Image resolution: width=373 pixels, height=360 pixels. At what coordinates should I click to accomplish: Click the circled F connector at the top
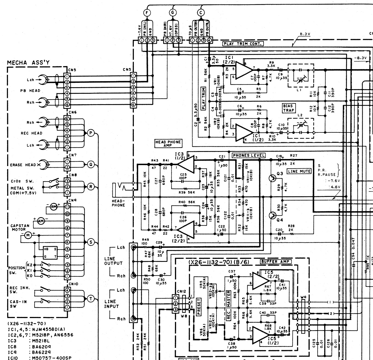(x=148, y=12)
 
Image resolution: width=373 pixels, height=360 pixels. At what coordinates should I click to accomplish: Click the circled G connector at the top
(x=173, y=12)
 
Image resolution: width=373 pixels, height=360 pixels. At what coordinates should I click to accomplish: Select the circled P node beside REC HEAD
(x=91, y=133)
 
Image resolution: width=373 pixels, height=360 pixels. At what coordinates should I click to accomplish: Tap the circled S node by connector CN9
(x=91, y=242)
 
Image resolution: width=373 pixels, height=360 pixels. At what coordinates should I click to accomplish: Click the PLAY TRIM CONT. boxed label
(x=243, y=43)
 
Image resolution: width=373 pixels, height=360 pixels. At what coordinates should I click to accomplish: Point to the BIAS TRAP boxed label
(x=288, y=108)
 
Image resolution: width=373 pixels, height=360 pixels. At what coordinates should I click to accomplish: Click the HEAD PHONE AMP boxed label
(x=168, y=143)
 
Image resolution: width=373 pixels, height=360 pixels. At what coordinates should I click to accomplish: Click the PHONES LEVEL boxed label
(x=249, y=155)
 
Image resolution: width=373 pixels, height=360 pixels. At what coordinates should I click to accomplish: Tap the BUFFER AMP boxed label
(x=276, y=262)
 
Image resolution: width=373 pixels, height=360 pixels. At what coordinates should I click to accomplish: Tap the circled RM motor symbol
(x=53, y=207)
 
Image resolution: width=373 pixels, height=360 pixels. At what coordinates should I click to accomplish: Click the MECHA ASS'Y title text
(x=29, y=63)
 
